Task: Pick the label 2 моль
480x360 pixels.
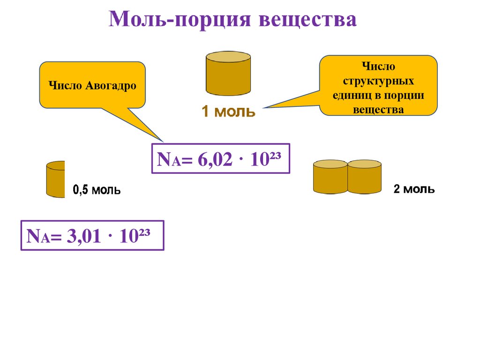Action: coord(414,189)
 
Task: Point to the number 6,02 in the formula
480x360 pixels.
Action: coord(215,160)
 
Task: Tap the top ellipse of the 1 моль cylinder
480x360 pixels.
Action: coord(228,56)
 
